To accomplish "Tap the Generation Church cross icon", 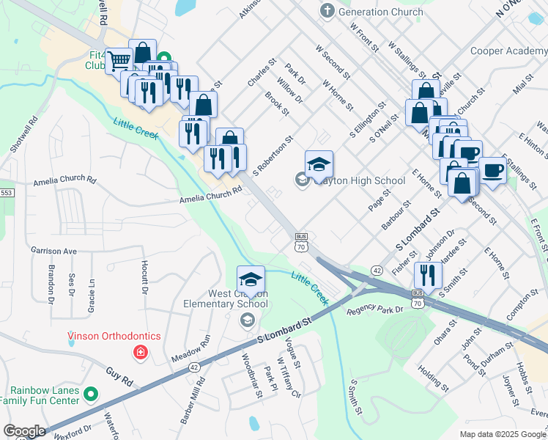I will [x=327, y=12].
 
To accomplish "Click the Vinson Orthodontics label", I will [x=114, y=337].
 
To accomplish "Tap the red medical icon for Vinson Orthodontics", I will [x=139, y=353].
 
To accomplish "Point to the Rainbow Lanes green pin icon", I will [x=91, y=394].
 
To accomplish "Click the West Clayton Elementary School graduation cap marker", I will [x=251, y=279].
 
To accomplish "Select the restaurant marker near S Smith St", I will [x=428, y=275].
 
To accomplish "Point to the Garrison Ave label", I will [x=53, y=250].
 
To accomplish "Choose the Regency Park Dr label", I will [x=375, y=310].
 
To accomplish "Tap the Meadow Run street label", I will [x=190, y=348].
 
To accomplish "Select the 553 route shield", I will [x=7, y=192].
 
